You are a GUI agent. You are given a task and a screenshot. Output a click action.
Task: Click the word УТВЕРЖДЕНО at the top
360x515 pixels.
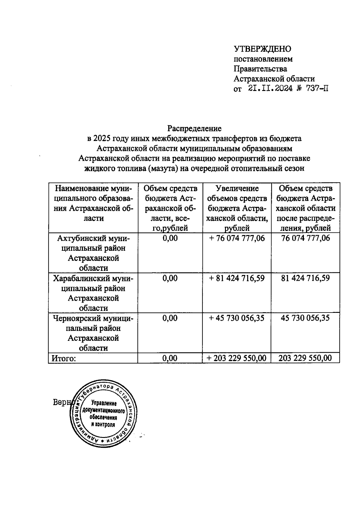(262, 49)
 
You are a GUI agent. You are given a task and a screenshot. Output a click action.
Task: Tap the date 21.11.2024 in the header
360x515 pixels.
(270, 88)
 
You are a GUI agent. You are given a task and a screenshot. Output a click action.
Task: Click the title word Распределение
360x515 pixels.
(194, 128)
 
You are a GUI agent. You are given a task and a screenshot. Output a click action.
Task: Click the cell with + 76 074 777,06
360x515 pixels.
(237, 238)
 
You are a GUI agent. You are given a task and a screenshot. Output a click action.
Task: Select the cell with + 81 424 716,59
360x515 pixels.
(237, 278)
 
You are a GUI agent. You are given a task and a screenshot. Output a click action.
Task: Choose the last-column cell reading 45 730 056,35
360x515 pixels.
(305, 318)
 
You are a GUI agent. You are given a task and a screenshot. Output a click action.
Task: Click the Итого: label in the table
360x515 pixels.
(64, 358)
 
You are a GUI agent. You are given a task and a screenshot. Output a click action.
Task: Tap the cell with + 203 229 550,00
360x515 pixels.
(237, 358)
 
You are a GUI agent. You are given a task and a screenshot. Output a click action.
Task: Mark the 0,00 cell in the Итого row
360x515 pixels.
(170, 358)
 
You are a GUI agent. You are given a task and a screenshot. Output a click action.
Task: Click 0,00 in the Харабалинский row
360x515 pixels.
(170, 278)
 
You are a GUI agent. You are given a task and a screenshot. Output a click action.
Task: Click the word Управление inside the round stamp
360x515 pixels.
(104, 403)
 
